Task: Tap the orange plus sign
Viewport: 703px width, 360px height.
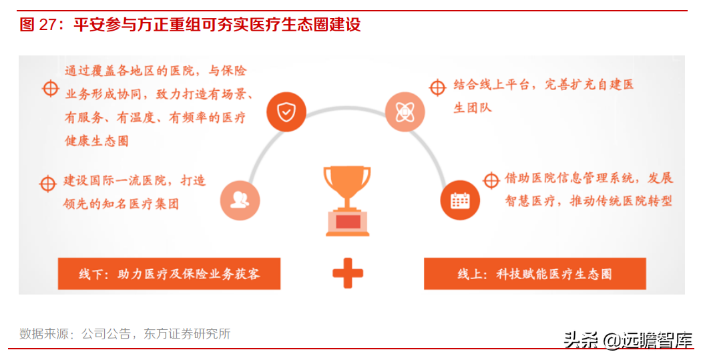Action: coord(348,273)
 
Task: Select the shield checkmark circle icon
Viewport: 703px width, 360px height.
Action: coord(286,112)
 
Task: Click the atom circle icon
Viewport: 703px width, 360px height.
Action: coord(405,112)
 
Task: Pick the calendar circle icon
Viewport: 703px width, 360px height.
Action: coord(460,200)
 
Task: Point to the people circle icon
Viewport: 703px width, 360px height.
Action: coord(239,200)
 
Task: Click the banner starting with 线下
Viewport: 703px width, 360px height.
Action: coord(169,274)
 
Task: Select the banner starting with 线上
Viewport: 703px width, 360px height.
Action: coord(535,274)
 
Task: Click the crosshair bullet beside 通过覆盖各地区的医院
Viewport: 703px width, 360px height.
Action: coord(51,88)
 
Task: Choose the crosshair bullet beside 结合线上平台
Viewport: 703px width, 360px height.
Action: coord(437,87)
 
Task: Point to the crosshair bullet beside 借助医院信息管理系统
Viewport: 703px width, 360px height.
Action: coord(491,180)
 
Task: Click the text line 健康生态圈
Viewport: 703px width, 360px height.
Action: coord(97,141)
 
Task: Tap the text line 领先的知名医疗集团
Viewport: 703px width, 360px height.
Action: coord(122,204)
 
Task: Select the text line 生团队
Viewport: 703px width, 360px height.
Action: coord(472,107)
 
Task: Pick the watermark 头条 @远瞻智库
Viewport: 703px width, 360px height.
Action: coord(628,340)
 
